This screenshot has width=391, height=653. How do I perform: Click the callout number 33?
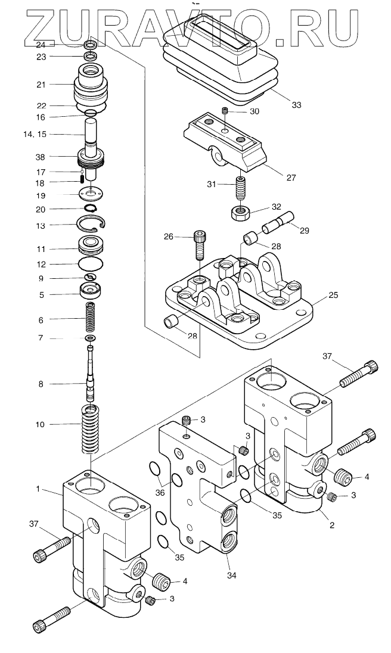tap(296, 105)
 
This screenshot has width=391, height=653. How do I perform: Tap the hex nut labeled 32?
tap(238, 214)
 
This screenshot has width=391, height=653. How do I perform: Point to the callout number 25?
tap(333, 296)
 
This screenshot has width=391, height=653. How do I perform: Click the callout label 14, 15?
tap(35, 134)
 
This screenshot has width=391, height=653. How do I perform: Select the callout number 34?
tap(232, 575)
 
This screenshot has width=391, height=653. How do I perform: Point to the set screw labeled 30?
tap(226, 111)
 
